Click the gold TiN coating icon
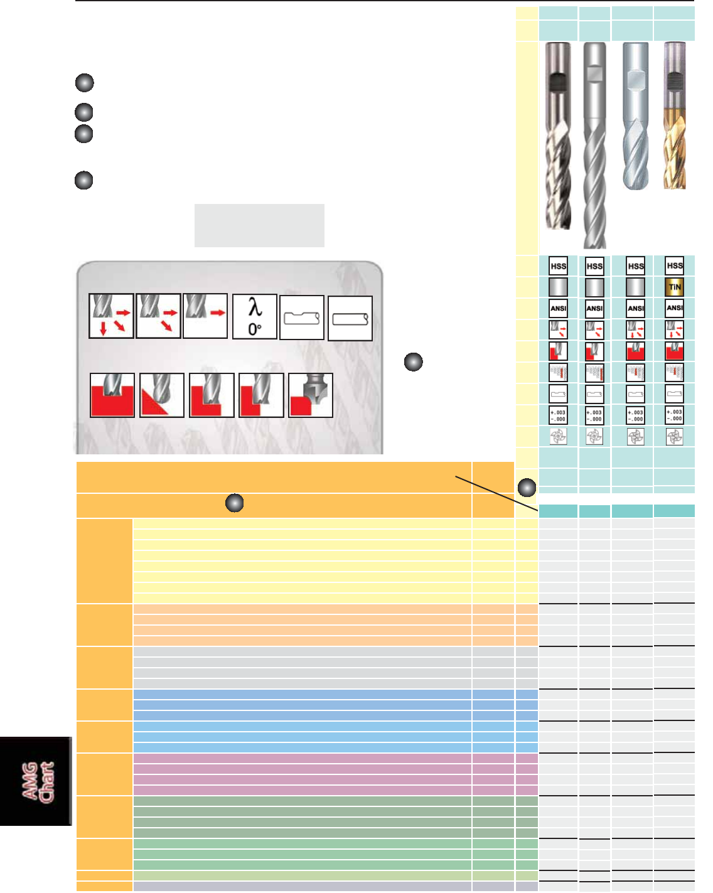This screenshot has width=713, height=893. click(x=674, y=287)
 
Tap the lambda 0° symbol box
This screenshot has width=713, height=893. click(x=255, y=317)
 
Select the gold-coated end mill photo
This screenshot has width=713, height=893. click(x=675, y=116)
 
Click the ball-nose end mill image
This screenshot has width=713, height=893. click(x=635, y=116)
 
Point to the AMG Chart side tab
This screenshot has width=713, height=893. click(x=36, y=781)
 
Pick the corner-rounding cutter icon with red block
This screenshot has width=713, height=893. click(x=310, y=395)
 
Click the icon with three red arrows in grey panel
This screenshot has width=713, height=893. click(x=111, y=316)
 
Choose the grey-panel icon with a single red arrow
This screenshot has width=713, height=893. click(x=205, y=316)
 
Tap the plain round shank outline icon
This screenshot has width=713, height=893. click(x=350, y=319)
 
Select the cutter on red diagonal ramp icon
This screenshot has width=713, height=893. click(x=162, y=395)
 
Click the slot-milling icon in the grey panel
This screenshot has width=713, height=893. click(x=112, y=395)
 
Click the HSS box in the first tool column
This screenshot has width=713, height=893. click(x=558, y=265)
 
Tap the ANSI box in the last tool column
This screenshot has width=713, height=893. click(x=674, y=308)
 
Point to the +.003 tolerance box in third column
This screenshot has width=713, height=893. click(x=636, y=415)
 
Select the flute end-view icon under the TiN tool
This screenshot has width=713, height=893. click(x=674, y=437)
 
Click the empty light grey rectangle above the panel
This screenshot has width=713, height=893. click(x=259, y=225)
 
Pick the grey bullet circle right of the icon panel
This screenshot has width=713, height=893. click(x=413, y=362)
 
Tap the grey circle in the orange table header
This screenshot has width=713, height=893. click(x=234, y=503)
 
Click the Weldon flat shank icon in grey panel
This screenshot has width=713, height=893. click(x=302, y=318)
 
